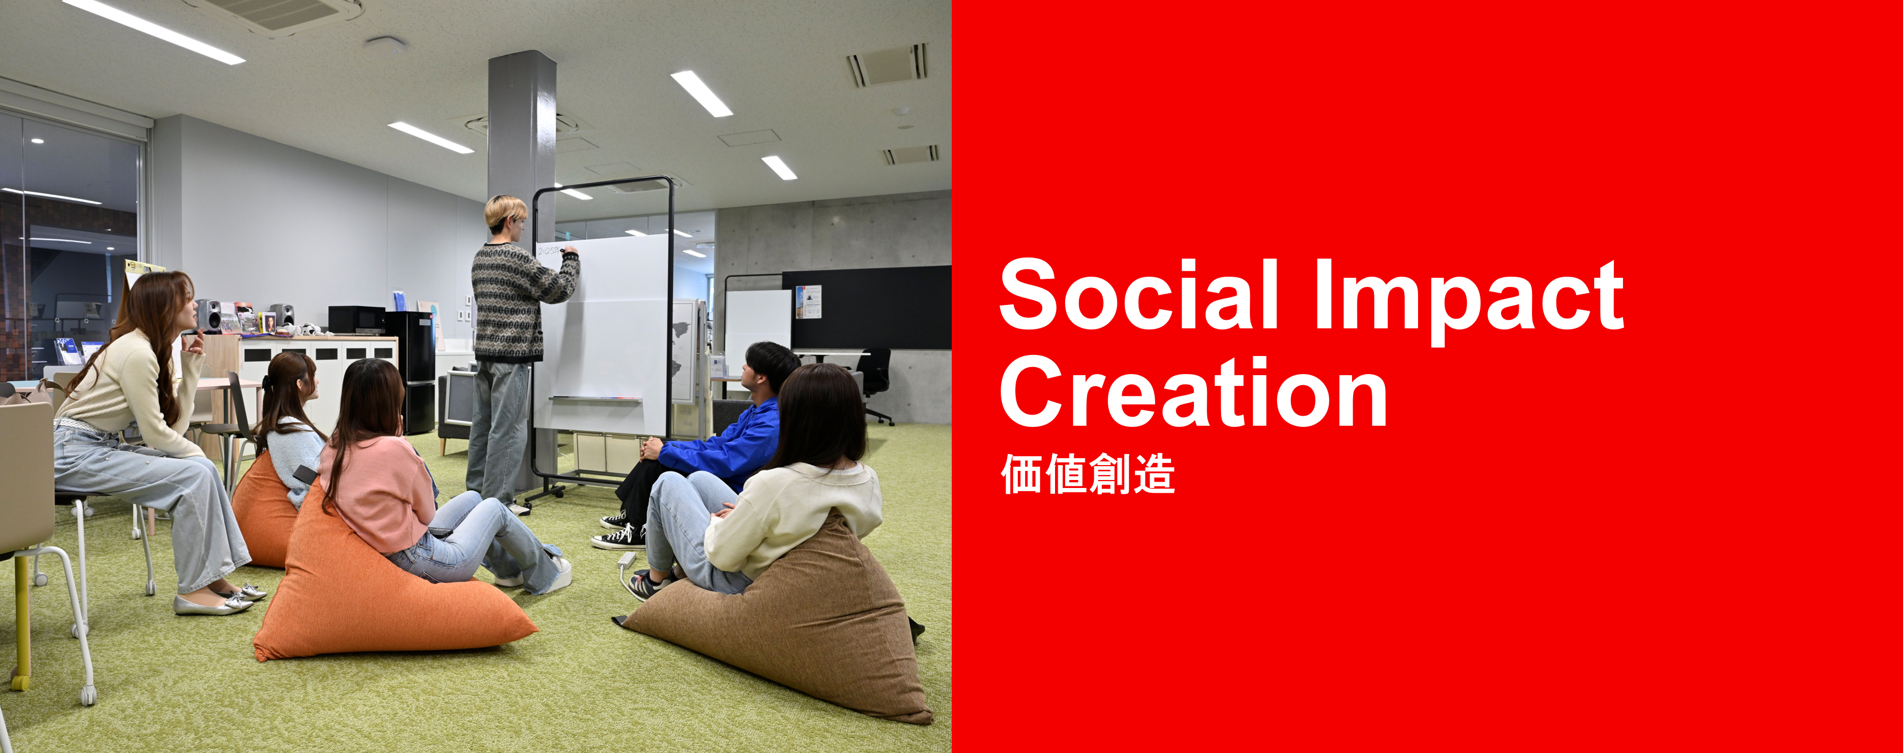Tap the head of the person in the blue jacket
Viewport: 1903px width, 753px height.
(x=771, y=369)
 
